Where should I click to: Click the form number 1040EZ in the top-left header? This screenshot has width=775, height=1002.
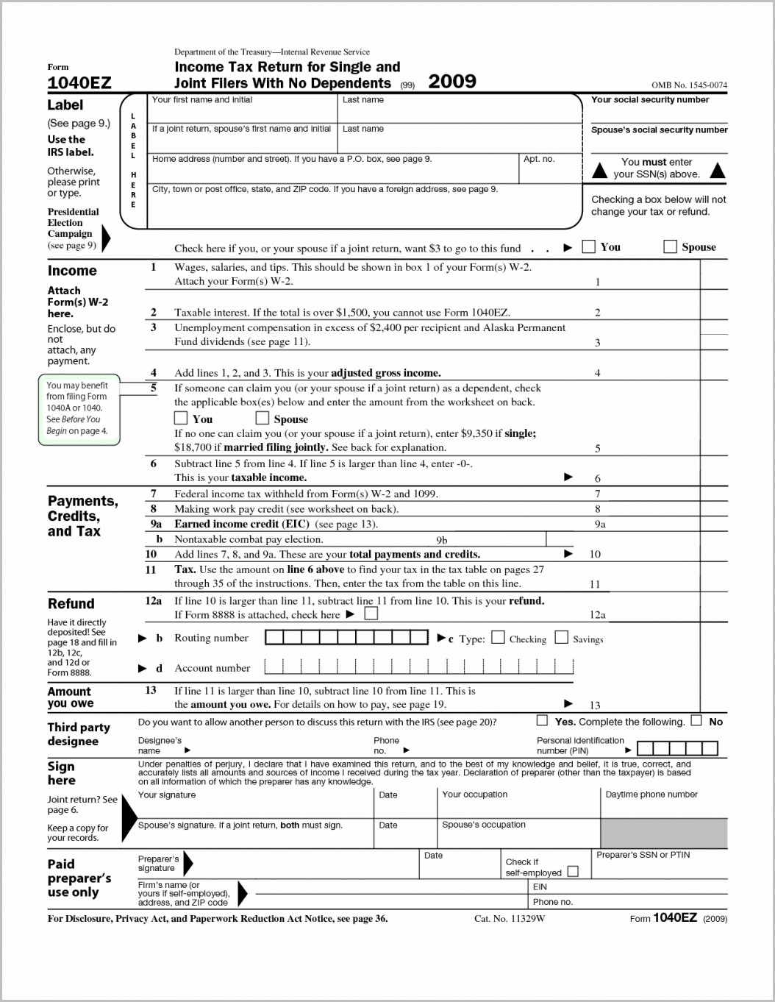pos(79,83)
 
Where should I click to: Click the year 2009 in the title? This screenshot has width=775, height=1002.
pos(451,81)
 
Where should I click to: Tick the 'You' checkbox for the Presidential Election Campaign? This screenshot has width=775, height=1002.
pos(588,246)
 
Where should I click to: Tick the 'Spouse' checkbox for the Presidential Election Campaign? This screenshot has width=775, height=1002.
pos(670,246)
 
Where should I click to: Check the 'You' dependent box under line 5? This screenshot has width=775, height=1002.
pos(181,418)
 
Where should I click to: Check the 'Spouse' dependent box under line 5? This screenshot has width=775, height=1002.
pos(262,418)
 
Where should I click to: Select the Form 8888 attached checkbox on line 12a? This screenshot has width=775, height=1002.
pos(371,614)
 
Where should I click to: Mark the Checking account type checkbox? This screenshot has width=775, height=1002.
pos(498,637)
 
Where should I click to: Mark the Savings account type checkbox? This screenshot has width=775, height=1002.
pos(561,637)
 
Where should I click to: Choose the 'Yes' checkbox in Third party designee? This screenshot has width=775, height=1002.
pos(542,720)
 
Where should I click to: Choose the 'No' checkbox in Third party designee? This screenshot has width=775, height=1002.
pos(696,720)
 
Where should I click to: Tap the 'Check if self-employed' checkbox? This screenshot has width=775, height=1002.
pos(573,871)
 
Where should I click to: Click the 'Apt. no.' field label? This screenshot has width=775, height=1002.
pos(538,159)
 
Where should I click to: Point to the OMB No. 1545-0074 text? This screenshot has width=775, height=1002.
pos(689,85)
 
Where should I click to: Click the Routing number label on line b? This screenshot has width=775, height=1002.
pos(211,638)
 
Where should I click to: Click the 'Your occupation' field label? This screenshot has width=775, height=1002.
pos(474,794)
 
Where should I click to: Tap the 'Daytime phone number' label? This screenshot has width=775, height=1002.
pos(651,794)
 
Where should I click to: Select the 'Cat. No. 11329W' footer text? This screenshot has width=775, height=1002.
pos(510,918)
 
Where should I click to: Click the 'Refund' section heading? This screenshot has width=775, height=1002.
pos(71,603)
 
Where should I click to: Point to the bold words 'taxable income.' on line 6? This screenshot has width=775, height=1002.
pos(268,477)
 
